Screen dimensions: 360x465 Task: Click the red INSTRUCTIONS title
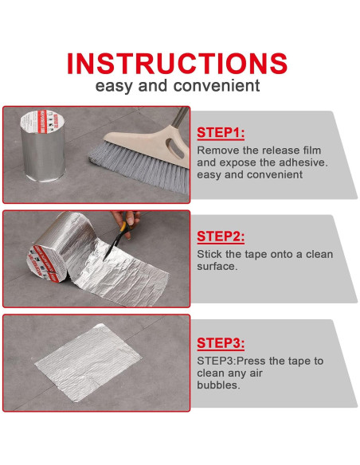point(177,63)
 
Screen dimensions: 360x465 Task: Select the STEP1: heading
point(221,132)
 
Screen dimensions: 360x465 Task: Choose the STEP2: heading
point(221,236)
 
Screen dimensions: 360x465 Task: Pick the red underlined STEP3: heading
point(221,343)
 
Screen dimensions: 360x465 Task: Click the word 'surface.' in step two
point(217,266)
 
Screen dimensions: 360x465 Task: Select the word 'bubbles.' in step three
point(218,385)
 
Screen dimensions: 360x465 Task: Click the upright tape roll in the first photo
point(43,146)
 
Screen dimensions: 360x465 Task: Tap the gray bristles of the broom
point(139,166)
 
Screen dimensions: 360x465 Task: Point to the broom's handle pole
point(180,116)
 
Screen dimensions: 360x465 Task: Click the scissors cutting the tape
point(117,237)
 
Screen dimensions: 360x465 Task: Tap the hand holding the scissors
point(127,222)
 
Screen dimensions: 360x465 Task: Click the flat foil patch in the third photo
point(88,363)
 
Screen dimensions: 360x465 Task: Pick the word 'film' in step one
point(311,150)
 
